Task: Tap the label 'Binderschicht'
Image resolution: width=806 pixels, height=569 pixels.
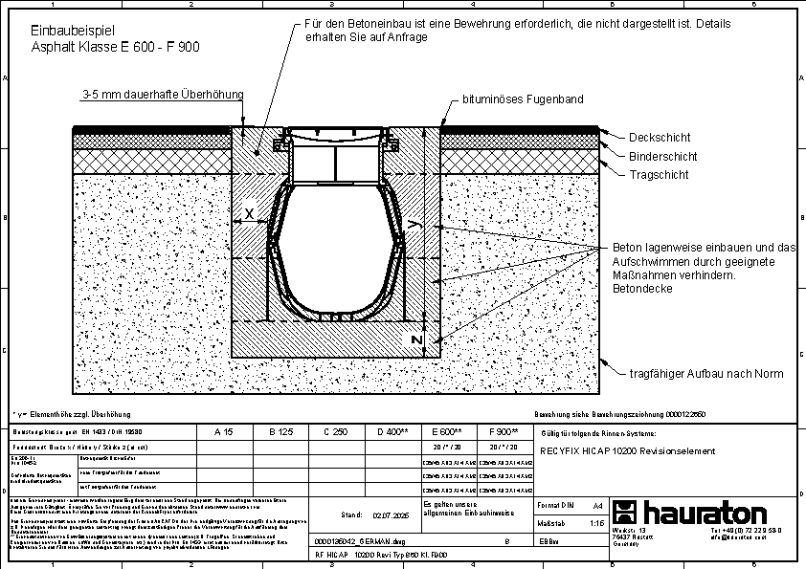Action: coord(663,156)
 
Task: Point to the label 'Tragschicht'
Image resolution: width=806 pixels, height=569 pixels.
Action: coord(659,175)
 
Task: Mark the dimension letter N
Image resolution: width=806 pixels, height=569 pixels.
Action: coord(416,339)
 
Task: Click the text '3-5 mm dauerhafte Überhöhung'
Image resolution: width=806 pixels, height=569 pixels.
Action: coord(163,94)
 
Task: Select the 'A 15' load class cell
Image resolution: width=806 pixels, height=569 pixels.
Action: coord(224,432)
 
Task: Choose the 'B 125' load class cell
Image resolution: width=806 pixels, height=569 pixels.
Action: coord(280,432)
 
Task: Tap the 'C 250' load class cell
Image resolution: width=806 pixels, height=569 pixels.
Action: coord(335,432)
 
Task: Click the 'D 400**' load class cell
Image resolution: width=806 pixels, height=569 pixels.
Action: coord(392,432)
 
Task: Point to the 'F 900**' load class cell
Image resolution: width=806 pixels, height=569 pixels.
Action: coord(503,432)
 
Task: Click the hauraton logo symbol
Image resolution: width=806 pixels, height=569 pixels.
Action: coord(625,511)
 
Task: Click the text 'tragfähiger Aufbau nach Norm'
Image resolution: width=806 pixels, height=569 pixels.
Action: coord(706,374)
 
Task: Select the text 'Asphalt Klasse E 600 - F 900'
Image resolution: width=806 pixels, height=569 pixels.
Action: coord(115,46)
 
